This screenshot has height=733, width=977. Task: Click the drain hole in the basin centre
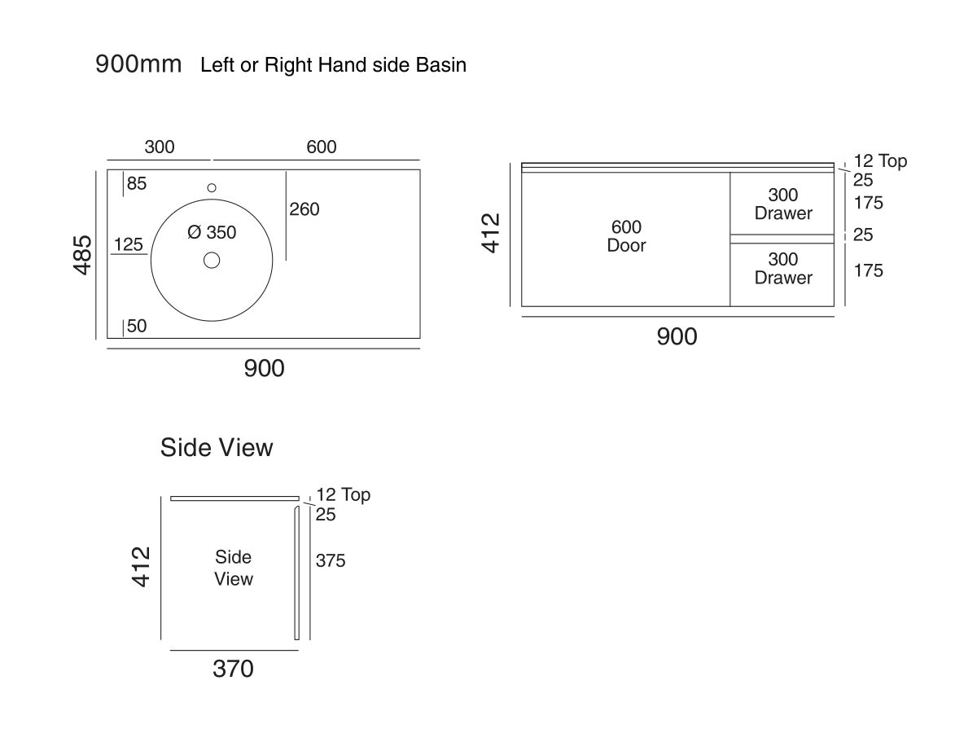[212, 261]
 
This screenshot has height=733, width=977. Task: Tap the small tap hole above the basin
[212, 187]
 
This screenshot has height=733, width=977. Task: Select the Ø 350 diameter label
[212, 233]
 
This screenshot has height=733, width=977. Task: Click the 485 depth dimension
[84, 254]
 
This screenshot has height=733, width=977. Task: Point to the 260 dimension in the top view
[304, 210]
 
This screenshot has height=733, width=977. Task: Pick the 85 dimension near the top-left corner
[136, 184]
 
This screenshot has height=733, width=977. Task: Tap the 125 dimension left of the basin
[129, 244]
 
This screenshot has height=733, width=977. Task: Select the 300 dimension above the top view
[160, 147]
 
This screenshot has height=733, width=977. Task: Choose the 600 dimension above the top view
[322, 147]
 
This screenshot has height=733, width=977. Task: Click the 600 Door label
[626, 236]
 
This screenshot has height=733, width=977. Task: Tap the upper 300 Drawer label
[783, 204]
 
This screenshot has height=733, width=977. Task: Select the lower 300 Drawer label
[783, 269]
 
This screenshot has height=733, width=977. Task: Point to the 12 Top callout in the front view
[879, 161]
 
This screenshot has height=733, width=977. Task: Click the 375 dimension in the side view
[331, 561]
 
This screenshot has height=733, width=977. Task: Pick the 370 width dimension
[234, 669]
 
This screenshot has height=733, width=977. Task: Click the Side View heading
[217, 448]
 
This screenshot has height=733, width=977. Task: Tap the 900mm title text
[138, 64]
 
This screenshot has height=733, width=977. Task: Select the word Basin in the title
[441, 65]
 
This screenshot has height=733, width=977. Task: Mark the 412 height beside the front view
[492, 232]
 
